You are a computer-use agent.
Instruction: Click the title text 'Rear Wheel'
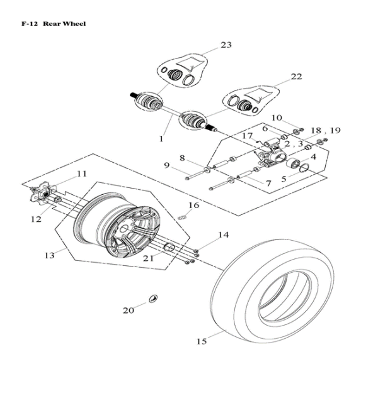pos(64,24)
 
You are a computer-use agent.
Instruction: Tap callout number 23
pos(226,45)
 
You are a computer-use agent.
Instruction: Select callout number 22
pos(296,77)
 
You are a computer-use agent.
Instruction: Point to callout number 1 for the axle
pos(161,138)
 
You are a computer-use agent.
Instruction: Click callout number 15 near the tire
pos(201,341)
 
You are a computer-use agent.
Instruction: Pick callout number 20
pos(129,310)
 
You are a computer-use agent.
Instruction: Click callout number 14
pos(223,235)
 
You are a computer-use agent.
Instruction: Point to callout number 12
pos(36,219)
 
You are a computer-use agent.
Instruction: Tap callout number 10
pos(277,118)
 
